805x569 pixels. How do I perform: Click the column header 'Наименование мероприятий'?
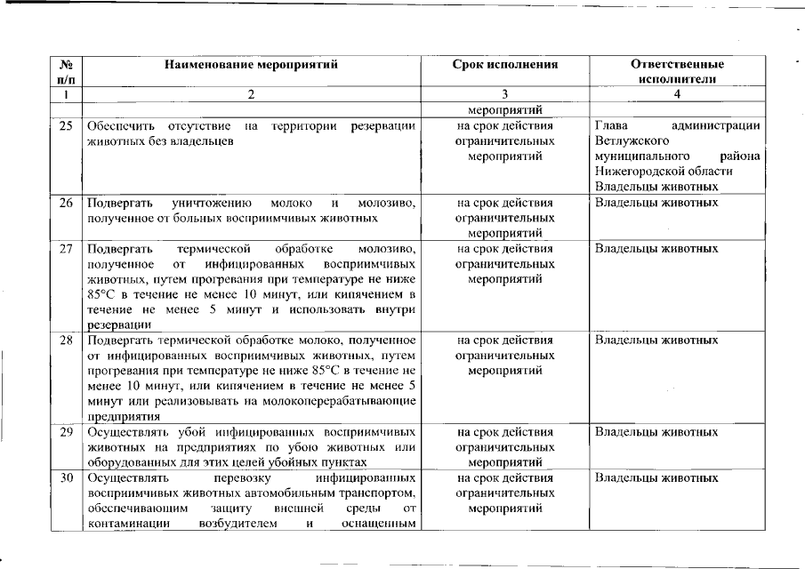(x=252, y=65)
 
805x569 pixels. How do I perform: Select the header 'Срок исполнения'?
(x=504, y=65)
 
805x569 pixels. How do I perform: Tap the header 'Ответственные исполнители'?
(x=677, y=71)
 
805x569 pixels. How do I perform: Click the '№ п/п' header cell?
(x=65, y=71)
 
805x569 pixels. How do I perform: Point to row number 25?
(x=65, y=126)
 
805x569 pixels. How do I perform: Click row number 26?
(x=65, y=202)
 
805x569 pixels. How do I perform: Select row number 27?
(x=65, y=248)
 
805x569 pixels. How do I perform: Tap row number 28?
(x=65, y=340)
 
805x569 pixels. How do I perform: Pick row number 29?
(x=65, y=432)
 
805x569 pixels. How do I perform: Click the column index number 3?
(x=504, y=94)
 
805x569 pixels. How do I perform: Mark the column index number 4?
(x=677, y=94)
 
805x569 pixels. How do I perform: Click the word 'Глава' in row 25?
(x=611, y=126)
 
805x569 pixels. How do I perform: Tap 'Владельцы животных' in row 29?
(x=656, y=432)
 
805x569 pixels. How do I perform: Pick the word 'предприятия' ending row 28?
(x=124, y=416)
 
